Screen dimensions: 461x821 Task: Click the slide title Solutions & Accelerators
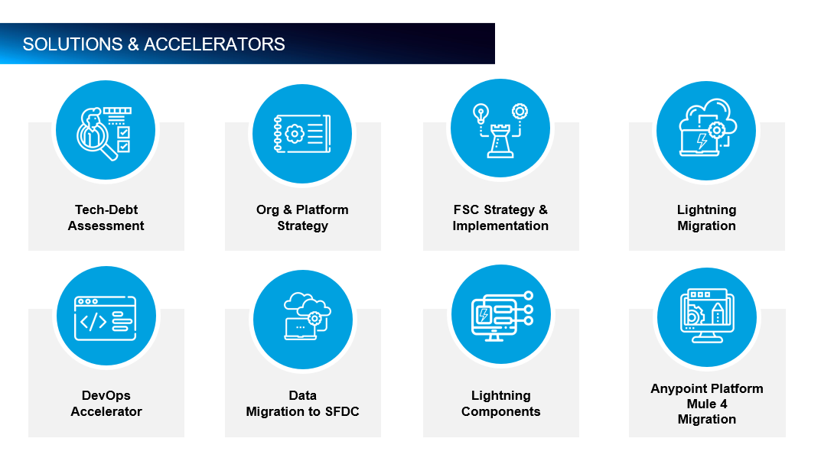pyautogui.click(x=154, y=44)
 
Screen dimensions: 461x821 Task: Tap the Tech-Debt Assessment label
pyautogui.click(x=106, y=218)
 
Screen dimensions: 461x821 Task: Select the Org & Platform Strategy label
pyautogui.click(x=302, y=218)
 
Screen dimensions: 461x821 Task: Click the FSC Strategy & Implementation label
pyautogui.click(x=500, y=218)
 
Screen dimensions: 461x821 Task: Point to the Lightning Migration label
pyautogui.click(x=706, y=218)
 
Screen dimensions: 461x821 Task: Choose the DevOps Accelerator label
pyautogui.click(x=106, y=404)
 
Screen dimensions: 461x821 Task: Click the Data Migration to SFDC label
pyautogui.click(x=302, y=404)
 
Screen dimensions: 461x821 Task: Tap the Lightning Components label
pyautogui.click(x=500, y=404)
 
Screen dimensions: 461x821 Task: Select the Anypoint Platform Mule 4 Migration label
pyautogui.click(x=706, y=404)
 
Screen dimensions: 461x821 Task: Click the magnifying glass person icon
pyautogui.click(x=98, y=135)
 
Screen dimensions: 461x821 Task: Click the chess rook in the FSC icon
pyautogui.click(x=500, y=139)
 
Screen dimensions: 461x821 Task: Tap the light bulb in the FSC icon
pyautogui.click(x=481, y=112)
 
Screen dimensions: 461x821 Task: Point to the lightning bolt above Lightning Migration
pyautogui.click(x=701, y=141)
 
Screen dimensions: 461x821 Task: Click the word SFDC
pyautogui.click(x=340, y=411)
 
